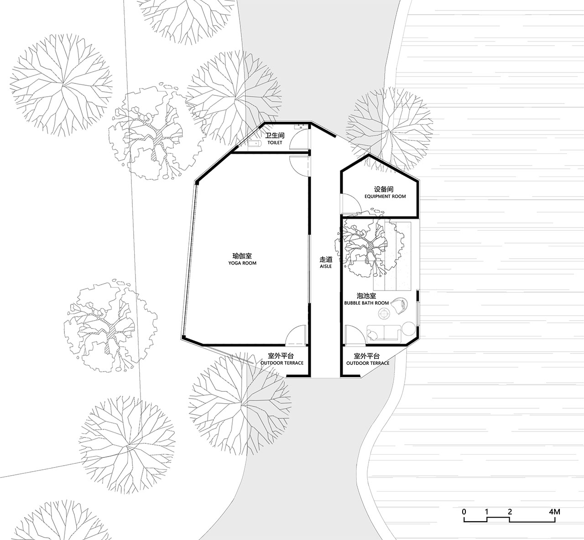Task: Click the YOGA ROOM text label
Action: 242,263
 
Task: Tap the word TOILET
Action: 275,143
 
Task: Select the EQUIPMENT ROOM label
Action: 385,197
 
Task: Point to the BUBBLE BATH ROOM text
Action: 366,303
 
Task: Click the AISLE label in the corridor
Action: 326,266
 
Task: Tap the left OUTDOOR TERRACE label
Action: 282,363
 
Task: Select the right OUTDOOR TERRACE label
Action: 368,363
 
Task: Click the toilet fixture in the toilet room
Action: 255,144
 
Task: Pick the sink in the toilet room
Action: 301,127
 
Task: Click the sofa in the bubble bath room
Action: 384,334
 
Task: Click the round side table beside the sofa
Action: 409,328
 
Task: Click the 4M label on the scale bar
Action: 554,512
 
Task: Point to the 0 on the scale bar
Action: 464,512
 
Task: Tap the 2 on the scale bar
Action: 510,512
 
